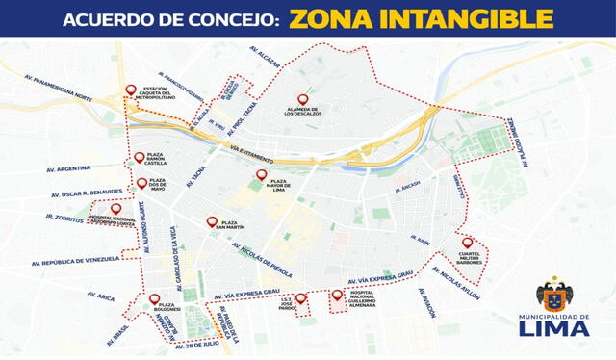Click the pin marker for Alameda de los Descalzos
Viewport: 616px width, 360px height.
point(303,99)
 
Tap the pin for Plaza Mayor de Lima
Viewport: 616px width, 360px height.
point(261,175)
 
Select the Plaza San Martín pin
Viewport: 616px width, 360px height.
point(212,221)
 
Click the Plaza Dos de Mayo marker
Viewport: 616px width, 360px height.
point(141,183)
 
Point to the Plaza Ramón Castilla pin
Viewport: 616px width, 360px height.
point(140,157)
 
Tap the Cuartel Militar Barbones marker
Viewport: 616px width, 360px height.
point(467,243)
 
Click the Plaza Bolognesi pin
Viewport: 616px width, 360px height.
point(154,299)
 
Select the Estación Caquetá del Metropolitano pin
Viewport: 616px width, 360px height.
point(131,90)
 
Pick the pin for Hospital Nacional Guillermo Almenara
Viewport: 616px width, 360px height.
point(336,296)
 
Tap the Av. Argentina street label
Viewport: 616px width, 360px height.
point(67,169)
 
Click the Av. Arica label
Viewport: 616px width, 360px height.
point(100,297)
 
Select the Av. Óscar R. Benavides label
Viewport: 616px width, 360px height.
point(86,193)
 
